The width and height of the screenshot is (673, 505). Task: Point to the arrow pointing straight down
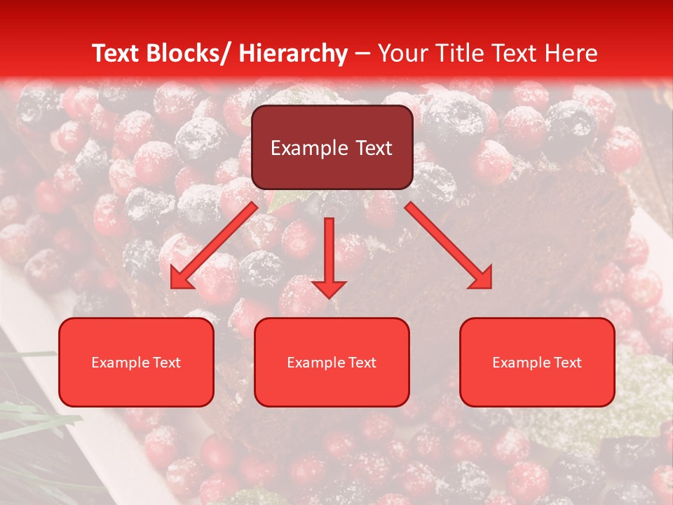coord(329,252)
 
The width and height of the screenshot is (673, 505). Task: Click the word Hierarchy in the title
coord(293,53)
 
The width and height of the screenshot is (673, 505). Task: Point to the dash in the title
coord(362,53)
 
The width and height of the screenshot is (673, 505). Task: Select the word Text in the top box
coord(372,148)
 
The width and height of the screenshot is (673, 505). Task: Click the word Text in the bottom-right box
coord(567,363)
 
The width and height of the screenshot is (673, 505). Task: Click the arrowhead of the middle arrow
coord(329,288)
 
